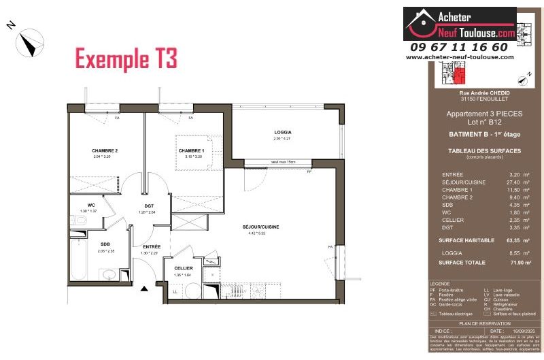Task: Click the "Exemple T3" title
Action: [x=126, y=59]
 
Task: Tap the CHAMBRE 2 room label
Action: [x=105, y=150]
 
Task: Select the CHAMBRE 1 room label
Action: [x=191, y=150]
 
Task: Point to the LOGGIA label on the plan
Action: [x=283, y=132]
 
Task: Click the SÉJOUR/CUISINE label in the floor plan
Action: [x=261, y=227]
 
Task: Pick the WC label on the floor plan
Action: [x=90, y=205]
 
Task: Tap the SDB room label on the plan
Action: [x=105, y=244]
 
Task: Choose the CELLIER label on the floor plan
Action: [x=183, y=268]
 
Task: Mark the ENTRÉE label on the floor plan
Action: [x=151, y=246]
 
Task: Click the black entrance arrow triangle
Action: [x=143, y=289]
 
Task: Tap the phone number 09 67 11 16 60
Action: [x=459, y=47]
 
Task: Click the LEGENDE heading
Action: [x=441, y=284]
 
